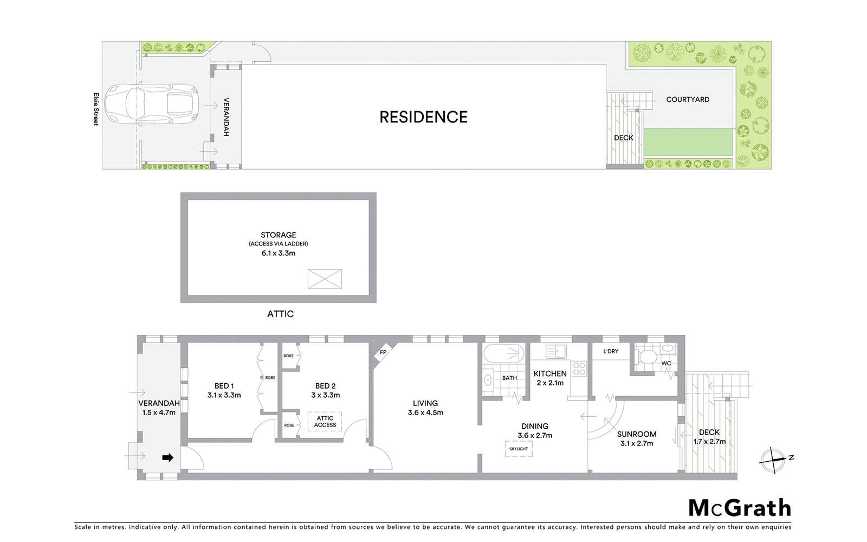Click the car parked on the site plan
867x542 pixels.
point(152,104)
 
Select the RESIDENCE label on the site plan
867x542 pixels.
point(423,117)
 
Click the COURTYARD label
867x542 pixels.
point(688,100)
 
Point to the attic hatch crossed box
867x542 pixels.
point(325,279)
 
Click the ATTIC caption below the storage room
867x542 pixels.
point(280,314)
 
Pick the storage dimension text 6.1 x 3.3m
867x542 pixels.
point(279,253)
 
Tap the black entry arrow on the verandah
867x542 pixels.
point(168,458)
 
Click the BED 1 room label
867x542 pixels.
point(224,386)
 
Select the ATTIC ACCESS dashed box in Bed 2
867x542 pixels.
point(325,422)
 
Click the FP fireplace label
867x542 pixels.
point(383,352)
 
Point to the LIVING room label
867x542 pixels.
point(425,403)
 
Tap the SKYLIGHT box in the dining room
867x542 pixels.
point(519,449)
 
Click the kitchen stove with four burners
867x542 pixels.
point(579,369)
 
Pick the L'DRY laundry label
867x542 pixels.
point(611,351)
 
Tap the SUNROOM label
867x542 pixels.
point(637,434)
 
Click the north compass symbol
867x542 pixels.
point(776,459)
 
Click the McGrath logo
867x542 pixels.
point(739,508)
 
